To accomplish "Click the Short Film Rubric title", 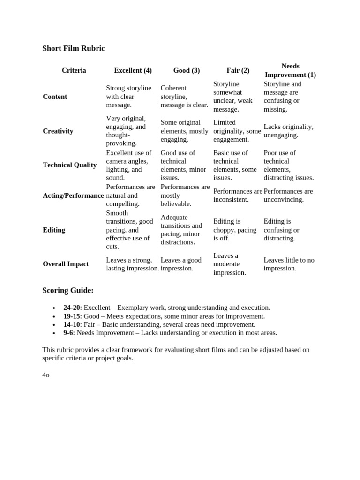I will [74, 48].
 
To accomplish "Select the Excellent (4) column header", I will [133, 70].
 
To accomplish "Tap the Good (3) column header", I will [186, 70].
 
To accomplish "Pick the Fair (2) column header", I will [238, 70].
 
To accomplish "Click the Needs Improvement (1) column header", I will [290, 70].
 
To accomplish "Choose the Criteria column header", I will [74, 70].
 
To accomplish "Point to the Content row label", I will [55, 97].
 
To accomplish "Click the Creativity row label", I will [58, 131].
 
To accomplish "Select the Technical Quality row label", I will [69, 165].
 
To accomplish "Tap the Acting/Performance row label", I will [73, 195].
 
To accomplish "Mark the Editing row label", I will [54, 230].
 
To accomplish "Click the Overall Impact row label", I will [66, 264].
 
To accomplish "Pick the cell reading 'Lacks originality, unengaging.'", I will [288, 131].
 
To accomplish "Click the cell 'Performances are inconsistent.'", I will [238, 195].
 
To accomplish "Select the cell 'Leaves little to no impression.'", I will [289, 264].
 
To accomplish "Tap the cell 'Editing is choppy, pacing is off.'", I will [235, 230].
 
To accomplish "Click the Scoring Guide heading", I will [68, 290].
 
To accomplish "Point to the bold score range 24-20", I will [72, 307].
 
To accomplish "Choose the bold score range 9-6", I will [68, 333].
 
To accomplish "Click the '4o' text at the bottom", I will [46, 375].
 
